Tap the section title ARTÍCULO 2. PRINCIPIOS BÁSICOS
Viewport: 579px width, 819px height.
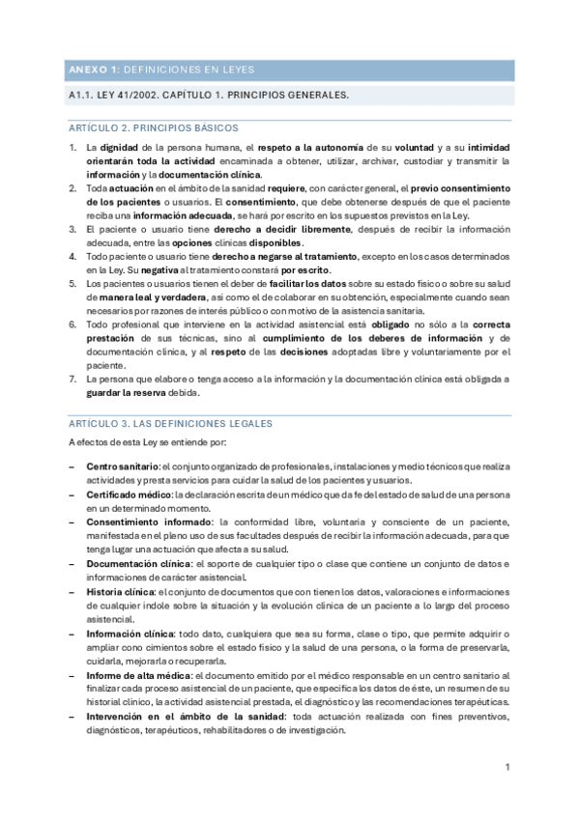[x=154, y=127]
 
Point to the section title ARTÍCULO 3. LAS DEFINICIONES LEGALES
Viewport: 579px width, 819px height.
[x=171, y=423]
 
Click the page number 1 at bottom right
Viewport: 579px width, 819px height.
[x=507, y=767]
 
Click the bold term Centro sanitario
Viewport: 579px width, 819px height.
[x=123, y=467]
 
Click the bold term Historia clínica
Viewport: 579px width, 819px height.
[x=120, y=590]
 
